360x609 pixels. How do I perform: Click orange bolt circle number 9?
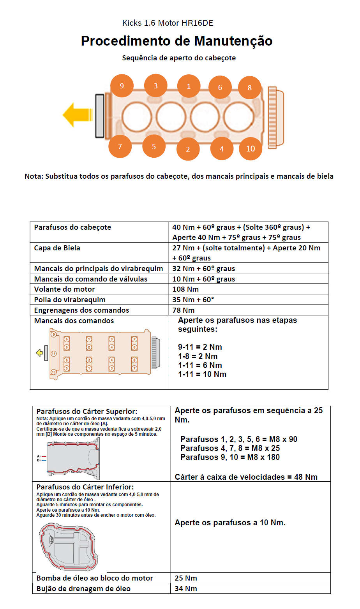pyautogui.click(x=122, y=86)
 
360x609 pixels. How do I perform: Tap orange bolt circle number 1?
pyautogui.click(x=189, y=86)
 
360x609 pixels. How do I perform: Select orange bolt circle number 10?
pyautogui.click(x=250, y=148)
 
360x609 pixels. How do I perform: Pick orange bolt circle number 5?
pyautogui.click(x=154, y=146)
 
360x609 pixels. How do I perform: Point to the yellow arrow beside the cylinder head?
pyautogui.click(x=77, y=114)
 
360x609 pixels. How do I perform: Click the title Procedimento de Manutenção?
pyautogui.click(x=176, y=41)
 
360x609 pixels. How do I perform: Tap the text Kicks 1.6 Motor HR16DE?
pyautogui.click(x=168, y=23)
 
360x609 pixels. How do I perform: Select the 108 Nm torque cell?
pyautogui.click(x=185, y=289)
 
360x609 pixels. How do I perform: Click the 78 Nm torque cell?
pyautogui.click(x=183, y=310)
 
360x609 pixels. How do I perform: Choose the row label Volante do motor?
pyautogui.click(x=64, y=289)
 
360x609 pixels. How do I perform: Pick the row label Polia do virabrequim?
pyautogui.click(x=70, y=300)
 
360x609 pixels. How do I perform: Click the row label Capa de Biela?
pyautogui.click(x=57, y=248)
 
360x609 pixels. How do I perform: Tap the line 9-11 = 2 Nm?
pyautogui.click(x=200, y=347)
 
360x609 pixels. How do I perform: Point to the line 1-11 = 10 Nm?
pyautogui.click(x=202, y=374)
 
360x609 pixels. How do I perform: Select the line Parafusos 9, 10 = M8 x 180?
pyautogui.click(x=230, y=457)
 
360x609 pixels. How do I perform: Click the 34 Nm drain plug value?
pyautogui.click(x=186, y=588)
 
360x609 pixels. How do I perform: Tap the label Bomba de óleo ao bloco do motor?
pyautogui.click(x=95, y=578)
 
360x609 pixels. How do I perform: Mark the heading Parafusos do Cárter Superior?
pyautogui.click(x=86, y=412)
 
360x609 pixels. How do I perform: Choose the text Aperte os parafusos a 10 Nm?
pyautogui.click(x=230, y=523)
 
